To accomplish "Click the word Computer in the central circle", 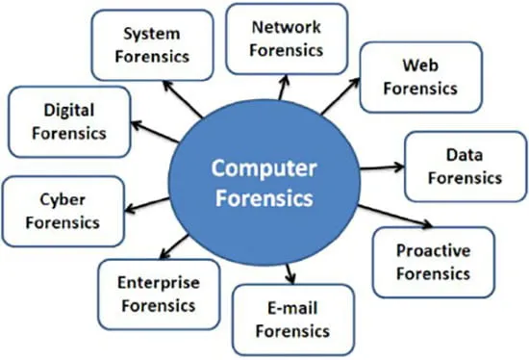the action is point(264,169).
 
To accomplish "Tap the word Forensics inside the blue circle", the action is point(264,198).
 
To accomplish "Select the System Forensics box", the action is point(153,45).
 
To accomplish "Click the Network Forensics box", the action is point(287,39).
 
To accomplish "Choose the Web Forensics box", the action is point(420,77).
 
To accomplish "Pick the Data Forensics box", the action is point(466,167).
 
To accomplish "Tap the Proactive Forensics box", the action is point(434,263).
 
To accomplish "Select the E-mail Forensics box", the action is point(292,320).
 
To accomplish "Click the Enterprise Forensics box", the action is point(159,295).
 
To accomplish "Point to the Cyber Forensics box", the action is point(63,212).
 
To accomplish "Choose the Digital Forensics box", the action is point(69,122).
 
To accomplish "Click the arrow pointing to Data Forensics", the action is point(382,167).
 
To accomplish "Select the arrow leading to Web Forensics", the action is point(340,96).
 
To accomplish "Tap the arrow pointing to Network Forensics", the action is point(284,88).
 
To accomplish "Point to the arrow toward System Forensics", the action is point(183,99).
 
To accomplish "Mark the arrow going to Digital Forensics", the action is point(155,132).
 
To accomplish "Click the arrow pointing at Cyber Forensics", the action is point(147,205).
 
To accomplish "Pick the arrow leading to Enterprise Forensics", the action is point(174,246).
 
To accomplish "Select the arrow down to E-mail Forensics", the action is point(290,274).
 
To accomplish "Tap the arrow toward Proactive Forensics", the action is point(395,217).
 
